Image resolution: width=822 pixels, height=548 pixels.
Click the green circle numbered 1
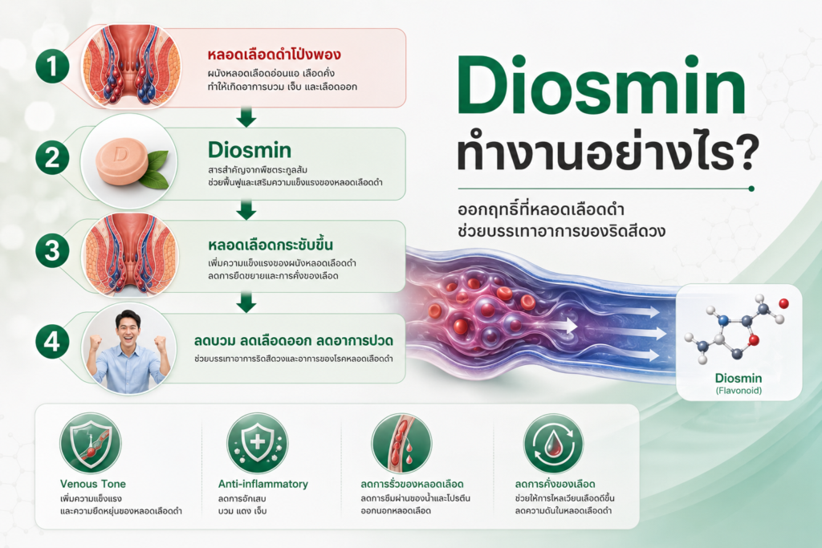coord(52,67)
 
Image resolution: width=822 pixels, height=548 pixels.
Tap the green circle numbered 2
coord(52,158)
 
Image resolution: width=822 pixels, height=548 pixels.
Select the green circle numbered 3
coord(52,250)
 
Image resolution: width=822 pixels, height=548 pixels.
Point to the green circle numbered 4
coord(52,342)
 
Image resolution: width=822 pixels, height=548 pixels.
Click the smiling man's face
coord(128,328)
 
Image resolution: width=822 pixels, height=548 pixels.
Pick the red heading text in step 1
coord(275,55)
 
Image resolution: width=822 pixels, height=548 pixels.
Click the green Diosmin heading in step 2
coord(250,150)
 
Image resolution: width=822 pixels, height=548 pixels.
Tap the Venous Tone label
coord(93,484)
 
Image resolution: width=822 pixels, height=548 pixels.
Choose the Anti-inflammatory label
coord(263,484)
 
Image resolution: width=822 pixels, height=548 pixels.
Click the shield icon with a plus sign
coord(257,443)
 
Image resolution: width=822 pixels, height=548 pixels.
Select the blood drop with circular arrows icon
coord(553,444)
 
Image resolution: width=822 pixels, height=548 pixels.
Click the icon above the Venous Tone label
coord(91,443)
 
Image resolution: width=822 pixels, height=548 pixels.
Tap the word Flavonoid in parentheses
coord(739,391)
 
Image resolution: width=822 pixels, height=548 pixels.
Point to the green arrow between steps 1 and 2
coord(246,117)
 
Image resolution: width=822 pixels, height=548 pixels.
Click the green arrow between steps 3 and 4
coord(246,302)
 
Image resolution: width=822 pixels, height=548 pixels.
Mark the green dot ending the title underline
coord(751,189)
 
